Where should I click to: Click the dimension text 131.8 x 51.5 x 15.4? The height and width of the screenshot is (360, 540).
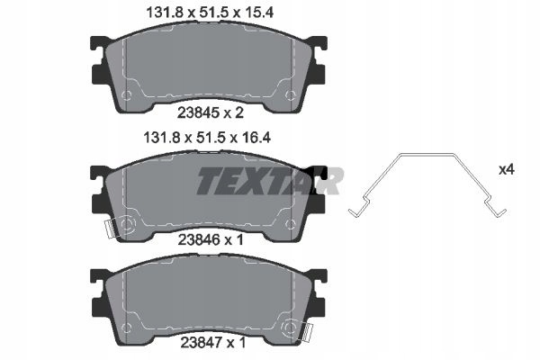pyautogui.click(x=210, y=13)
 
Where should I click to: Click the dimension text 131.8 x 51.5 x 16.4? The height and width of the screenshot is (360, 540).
pyautogui.click(x=207, y=138)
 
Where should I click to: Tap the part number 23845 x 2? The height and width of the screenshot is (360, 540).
pyautogui.click(x=211, y=112)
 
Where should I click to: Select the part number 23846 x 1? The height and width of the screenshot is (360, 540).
pyautogui.click(x=211, y=239)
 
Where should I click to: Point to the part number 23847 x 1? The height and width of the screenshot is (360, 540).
pyautogui.click(x=212, y=342)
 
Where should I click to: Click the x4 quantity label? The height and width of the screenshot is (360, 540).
pyautogui.click(x=507, y=169)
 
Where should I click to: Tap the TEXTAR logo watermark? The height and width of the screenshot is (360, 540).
pyautogui.click(x=270, y=181)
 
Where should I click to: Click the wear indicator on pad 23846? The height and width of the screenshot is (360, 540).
pyautogui.click(x=110, y=229)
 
